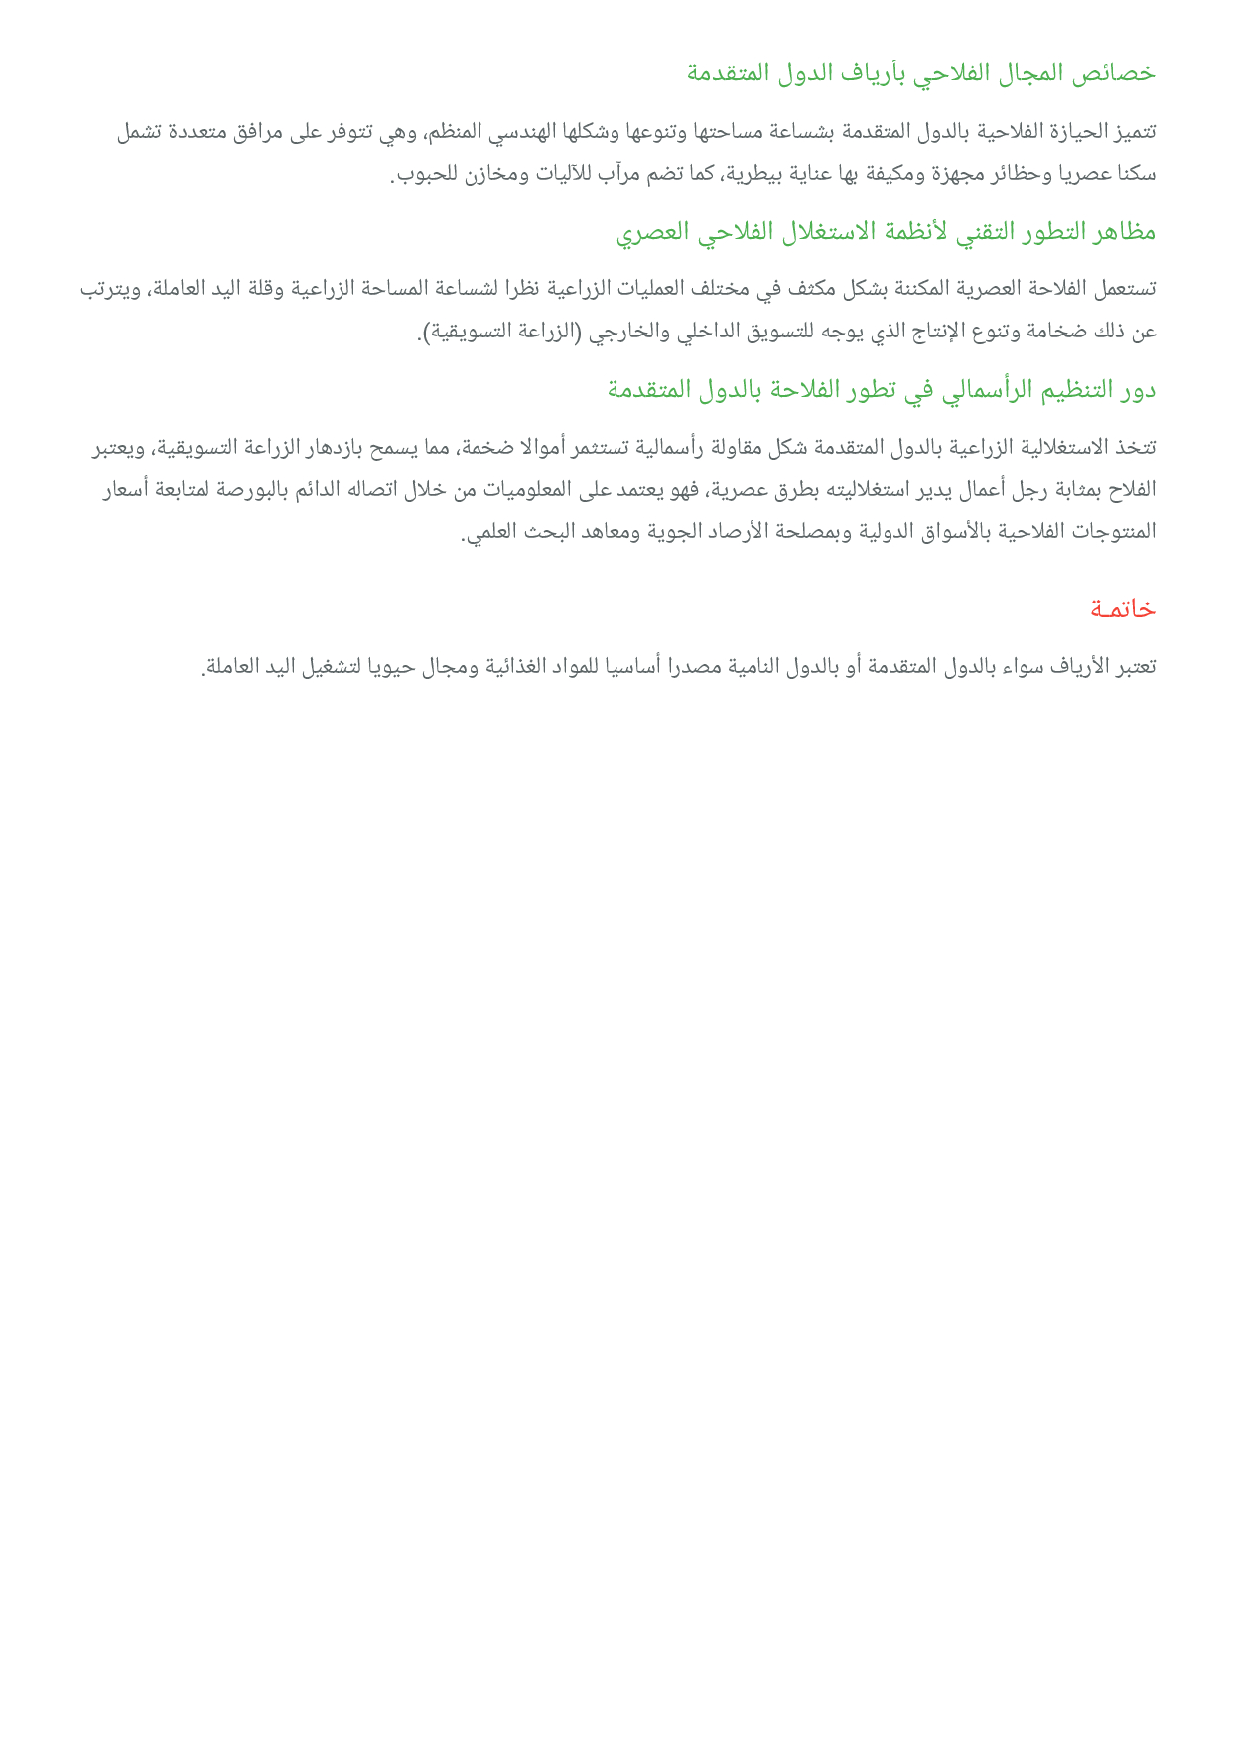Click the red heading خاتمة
click(x=1123, y=608)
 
